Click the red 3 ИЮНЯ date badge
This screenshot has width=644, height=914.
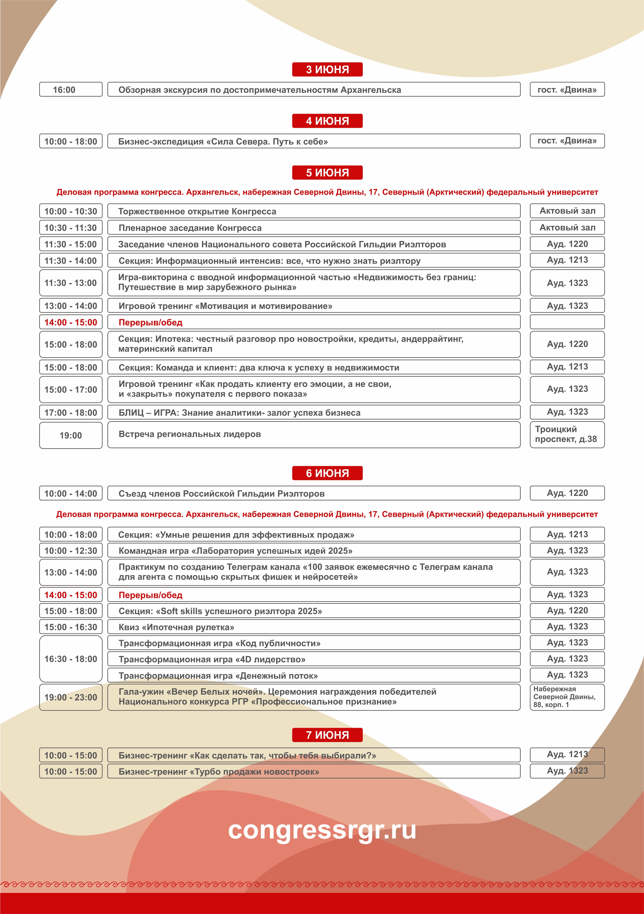click(x=327, y=69)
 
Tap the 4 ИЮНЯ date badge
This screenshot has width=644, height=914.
click(x=327, y=121)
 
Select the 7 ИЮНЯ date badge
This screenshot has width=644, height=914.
click(x=327, y=735)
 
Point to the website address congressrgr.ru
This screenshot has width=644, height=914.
click(x=322, y=830)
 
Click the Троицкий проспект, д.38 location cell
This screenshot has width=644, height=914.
click(x=567, y=434)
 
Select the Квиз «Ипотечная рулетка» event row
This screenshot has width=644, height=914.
click(x=314, y=627)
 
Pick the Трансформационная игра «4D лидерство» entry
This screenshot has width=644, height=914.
click(x=314, y=659)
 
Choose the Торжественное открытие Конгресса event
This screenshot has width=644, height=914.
click(x=314, y=211)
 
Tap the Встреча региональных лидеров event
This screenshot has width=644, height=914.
click(x=314, y=434)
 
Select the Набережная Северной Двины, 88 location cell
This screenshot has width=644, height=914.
click(x=567, y=697)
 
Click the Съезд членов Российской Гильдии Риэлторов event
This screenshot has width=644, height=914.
click(x=314, y=493)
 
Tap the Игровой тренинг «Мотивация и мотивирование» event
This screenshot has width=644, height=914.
click(x=314, y=306)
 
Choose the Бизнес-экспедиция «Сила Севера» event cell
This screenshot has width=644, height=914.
click(x=314, y=141)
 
